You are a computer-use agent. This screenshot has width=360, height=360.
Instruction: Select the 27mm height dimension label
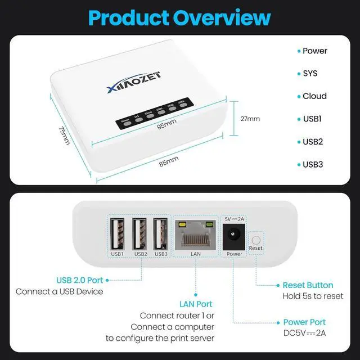250,119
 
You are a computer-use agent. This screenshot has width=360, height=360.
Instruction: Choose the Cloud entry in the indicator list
314,96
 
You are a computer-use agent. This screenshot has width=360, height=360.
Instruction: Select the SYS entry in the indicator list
310,74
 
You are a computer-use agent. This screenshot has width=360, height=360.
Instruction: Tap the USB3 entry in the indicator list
313,165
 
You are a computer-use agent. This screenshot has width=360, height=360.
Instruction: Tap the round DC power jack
233,237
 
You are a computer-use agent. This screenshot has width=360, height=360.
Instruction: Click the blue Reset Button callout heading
308,285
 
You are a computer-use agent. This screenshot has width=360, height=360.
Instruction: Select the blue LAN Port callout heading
196,304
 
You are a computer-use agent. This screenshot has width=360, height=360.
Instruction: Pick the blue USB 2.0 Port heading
80,280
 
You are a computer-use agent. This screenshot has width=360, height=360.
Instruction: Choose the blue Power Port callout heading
304,322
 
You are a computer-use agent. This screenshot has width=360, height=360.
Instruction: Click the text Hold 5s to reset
312,296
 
